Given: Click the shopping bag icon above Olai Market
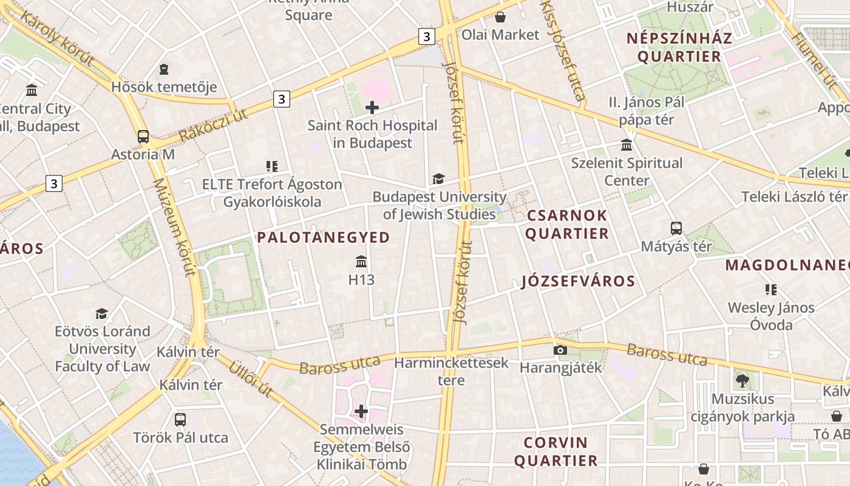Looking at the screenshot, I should (500, 16).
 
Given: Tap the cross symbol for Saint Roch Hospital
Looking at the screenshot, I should (372, 108).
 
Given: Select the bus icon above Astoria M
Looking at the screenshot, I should (143, 136).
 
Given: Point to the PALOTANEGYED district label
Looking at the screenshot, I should (324, 238).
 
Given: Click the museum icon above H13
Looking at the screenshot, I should (361, 262).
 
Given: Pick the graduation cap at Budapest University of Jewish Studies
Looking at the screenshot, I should (438, 179).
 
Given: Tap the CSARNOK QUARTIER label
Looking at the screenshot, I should (567, 224).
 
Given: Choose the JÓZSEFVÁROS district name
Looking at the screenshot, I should (578, 281).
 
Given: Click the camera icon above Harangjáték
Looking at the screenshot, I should (560, 350).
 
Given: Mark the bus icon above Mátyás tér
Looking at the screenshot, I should (676, 228).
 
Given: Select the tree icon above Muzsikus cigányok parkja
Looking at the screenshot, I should (742, 381).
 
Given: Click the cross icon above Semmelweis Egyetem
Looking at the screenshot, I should (361, 411).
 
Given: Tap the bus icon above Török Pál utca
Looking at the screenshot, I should (180, 419).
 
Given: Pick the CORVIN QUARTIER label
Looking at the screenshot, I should (556, 451).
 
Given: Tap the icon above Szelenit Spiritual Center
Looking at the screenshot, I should (627, 145).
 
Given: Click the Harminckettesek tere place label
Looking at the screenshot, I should (451, 371).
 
